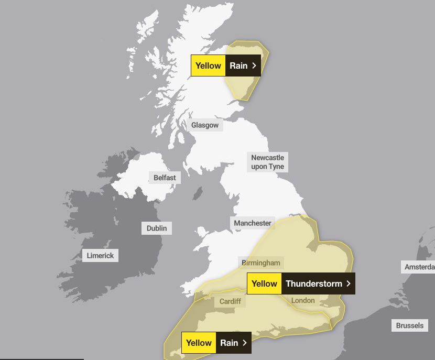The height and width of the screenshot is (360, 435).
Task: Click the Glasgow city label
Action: (204, 125)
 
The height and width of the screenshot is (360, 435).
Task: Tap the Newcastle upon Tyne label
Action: (267, 162)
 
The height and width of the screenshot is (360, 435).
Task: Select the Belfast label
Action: (165, 178)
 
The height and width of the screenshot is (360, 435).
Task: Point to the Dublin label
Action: (157, 228)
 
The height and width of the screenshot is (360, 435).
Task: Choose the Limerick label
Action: (100, 256)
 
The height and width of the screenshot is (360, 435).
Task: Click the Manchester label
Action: (253, 223)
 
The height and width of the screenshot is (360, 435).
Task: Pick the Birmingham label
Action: (261, 263)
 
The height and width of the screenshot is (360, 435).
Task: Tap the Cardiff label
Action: (230, 301)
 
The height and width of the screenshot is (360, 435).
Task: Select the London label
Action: (303, 300)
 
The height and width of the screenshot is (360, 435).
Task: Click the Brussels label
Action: (409, 325)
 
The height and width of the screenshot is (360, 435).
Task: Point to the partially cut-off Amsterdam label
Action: (419, 267)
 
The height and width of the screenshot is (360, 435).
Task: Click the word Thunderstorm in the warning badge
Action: (313, 283)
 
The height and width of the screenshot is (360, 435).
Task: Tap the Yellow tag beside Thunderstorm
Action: (264, 283)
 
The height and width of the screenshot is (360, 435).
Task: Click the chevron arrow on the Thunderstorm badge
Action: (348, 283)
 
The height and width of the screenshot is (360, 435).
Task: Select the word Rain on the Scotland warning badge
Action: (238, 66)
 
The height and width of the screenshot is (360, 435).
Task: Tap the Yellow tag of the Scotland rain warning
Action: (208, 66)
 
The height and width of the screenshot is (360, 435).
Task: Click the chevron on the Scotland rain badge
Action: (254, 66)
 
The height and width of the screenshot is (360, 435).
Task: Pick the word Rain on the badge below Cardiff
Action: (229, 343)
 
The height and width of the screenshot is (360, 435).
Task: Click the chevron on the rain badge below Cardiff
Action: (244, 343)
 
